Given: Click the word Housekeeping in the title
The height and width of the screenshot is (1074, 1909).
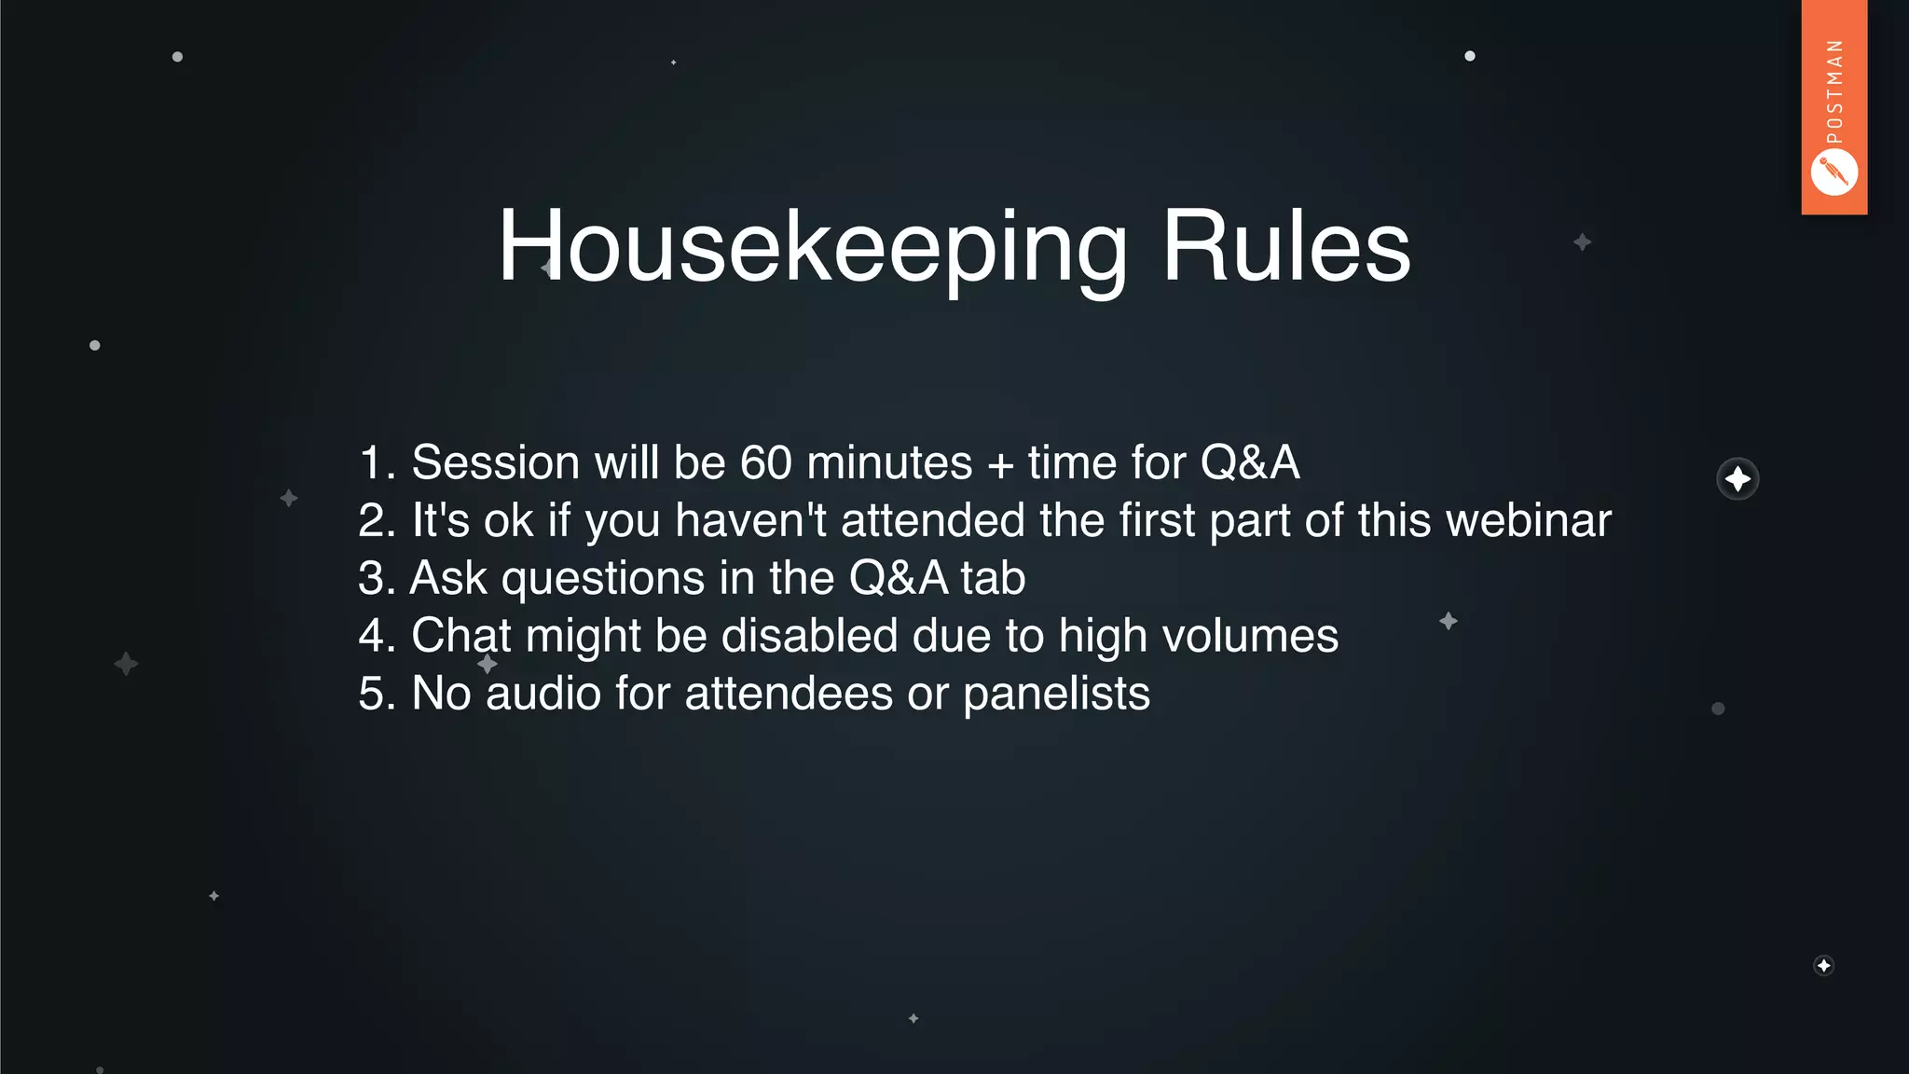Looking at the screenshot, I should point(811,247).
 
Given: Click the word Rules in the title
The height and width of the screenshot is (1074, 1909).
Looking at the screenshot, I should point(1285,247).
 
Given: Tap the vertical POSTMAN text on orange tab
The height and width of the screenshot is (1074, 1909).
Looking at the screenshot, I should point(1834,91).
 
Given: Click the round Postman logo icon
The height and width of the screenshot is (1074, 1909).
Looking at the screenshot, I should point(1833,172).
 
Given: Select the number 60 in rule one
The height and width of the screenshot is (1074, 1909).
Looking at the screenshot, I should point(765,463).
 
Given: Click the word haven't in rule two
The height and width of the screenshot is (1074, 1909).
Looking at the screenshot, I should point(750,521).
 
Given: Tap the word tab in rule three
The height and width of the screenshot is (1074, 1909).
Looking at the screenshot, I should point(993,578).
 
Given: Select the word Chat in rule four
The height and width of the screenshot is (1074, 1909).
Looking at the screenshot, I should point(461,636).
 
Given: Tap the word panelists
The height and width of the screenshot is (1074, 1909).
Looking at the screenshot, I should point(1056,694).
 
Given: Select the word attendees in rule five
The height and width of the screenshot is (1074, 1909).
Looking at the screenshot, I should point(789,694).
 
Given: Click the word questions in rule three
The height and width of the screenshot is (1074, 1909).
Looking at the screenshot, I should point(602,579).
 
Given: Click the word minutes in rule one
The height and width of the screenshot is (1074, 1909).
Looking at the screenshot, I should point(889,463).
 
